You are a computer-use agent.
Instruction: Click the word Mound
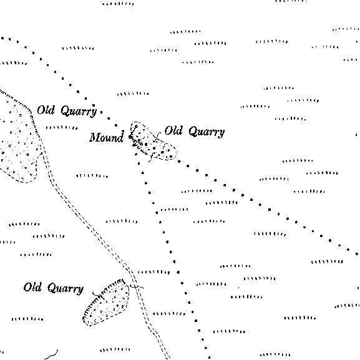tap(106, 137)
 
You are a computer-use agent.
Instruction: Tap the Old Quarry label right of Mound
tap(195, 131)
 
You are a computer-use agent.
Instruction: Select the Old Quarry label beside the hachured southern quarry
tap(54, 288)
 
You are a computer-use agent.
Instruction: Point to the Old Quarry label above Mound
tap(67, 111)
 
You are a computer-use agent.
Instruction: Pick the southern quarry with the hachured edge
tap(106, 303)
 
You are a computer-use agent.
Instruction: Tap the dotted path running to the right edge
tap(270, 210)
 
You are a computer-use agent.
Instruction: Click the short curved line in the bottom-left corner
tap(52, 355)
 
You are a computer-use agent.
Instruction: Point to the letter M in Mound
tap(95, 137)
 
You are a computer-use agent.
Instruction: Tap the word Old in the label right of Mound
tap(173, 130)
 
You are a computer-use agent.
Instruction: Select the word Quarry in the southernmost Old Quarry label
tap(66, 289)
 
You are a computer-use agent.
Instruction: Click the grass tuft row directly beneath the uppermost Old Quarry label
tap(62, 127)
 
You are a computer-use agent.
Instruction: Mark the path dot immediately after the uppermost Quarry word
tap(101, 112)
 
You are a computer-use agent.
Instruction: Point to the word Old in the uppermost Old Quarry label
tap(46, 110)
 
